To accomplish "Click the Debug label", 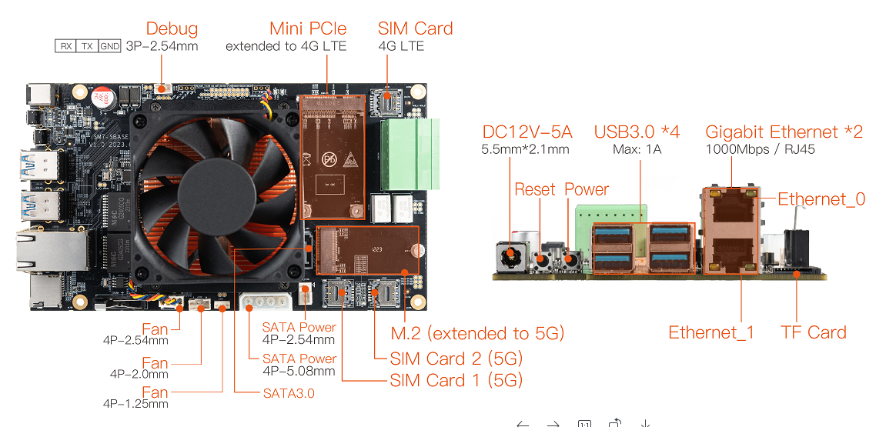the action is pyautogui.click(x=172, y=28).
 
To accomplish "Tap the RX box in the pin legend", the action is pyautogui.click(x=66, y=46).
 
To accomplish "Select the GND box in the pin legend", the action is pyautogui.click(x=109, y=46).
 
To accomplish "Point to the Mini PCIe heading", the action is pyautogui.click(x=308, y=28).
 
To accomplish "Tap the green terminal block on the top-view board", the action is pyautogui.click(x=410, y=154).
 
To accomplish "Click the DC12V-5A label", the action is pyautogui.click(x=527, y=132).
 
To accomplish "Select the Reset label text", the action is pyautogui.click(x=535, y=189).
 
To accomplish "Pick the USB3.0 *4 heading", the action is pyautogui.click(x=637, y=132).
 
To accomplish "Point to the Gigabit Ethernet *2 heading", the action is pyautogui.click(x=784, y=132).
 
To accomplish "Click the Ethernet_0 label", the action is pyautogui.click(x=821, y=199).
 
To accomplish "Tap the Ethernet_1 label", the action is pyautogui.click(x=710, y=332).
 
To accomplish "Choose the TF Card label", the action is pyautogui.click(x=813, y=332).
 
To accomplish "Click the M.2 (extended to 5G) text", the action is pyautogui.click(x=477, y=333).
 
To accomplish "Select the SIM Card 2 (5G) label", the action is pyautogui.click(x=456, y=359).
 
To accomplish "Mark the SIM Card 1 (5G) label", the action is pyautogui.click(x=456, y=380).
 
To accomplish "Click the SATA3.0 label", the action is pyautogui.click(x=289, y=393).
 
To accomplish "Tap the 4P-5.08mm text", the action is pyautogui.click(x=299, y=371).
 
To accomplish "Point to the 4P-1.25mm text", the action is pyautogui.click(x=135, y=404).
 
